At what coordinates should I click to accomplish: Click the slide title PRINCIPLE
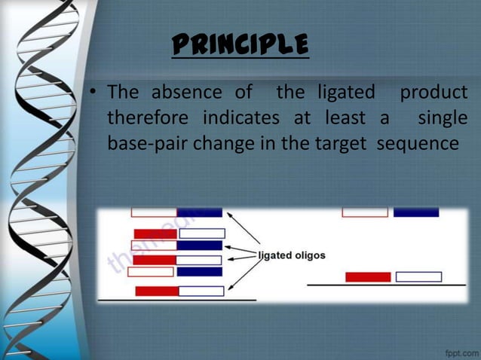(240, 45)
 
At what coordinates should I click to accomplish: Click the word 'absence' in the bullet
(186, 93)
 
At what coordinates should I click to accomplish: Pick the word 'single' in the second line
(443, 118)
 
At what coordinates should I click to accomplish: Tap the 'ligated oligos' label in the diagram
(292, 255)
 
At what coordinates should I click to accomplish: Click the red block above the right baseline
(367, 276)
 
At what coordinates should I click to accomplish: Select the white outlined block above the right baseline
(418, 276)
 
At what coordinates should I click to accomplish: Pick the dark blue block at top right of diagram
(415, 212)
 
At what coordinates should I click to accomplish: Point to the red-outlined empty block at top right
(365, 212)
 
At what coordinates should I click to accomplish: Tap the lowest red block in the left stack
(157, 291)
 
